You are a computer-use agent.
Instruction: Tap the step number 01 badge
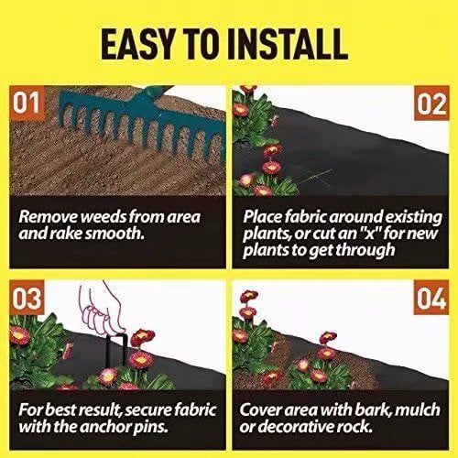tap(28, 105)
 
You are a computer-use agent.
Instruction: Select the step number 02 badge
tap(429, 105)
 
